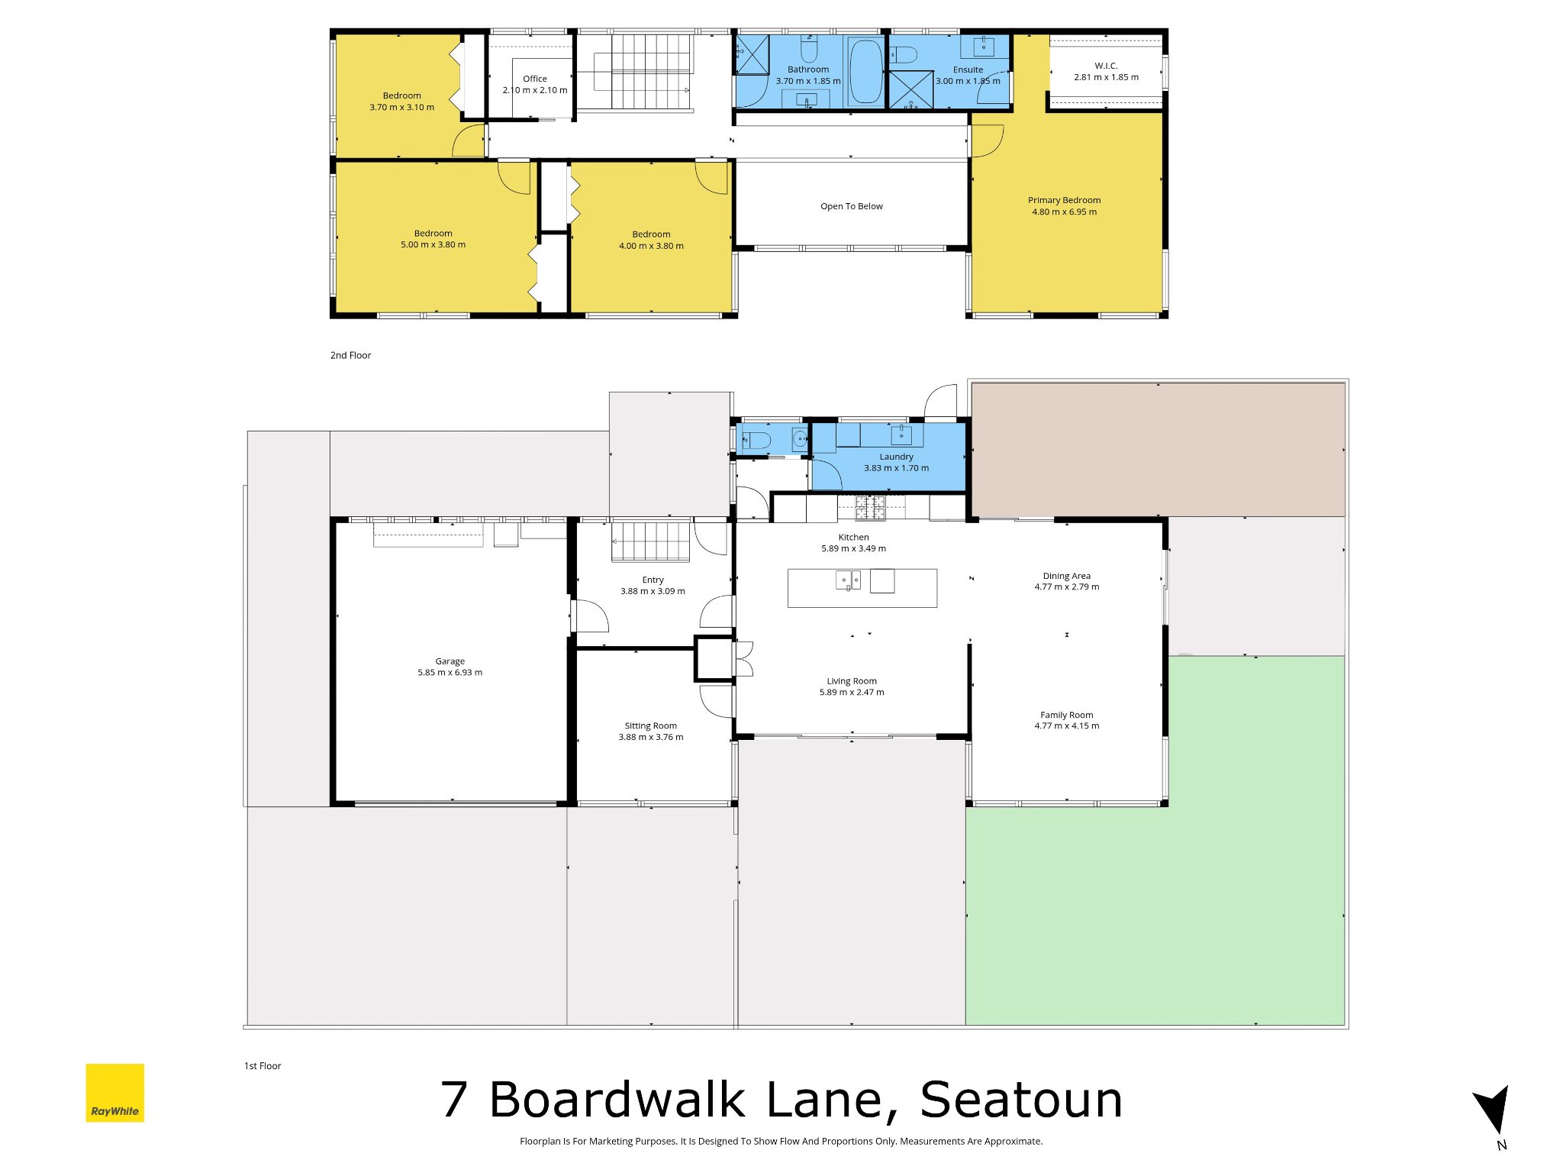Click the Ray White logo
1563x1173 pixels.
point(114,1092)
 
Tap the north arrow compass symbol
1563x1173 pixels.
point(1493,1110)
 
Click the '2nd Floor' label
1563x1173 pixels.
point(350,355)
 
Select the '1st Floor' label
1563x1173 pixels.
point(263,1065)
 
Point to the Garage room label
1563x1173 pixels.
point(450,661)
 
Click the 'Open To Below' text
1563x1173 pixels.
point(852,206)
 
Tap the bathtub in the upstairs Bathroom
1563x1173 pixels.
point(865,71)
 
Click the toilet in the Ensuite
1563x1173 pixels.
point(904,54)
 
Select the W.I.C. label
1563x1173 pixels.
point(1106,66)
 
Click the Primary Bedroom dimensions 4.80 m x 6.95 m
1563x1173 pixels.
point(1065,212)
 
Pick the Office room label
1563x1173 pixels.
point(535,79)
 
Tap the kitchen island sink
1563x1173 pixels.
point(848,580)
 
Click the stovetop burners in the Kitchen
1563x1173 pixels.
point(870,507)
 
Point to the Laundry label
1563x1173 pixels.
point(896,457)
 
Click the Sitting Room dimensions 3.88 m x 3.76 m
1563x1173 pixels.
point(651,737)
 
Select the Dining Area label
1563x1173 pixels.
point(1067,576)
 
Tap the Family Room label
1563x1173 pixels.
point(1067,715)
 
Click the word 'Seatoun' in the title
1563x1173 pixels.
point(1021,1100)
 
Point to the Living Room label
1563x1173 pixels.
point(852,681)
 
